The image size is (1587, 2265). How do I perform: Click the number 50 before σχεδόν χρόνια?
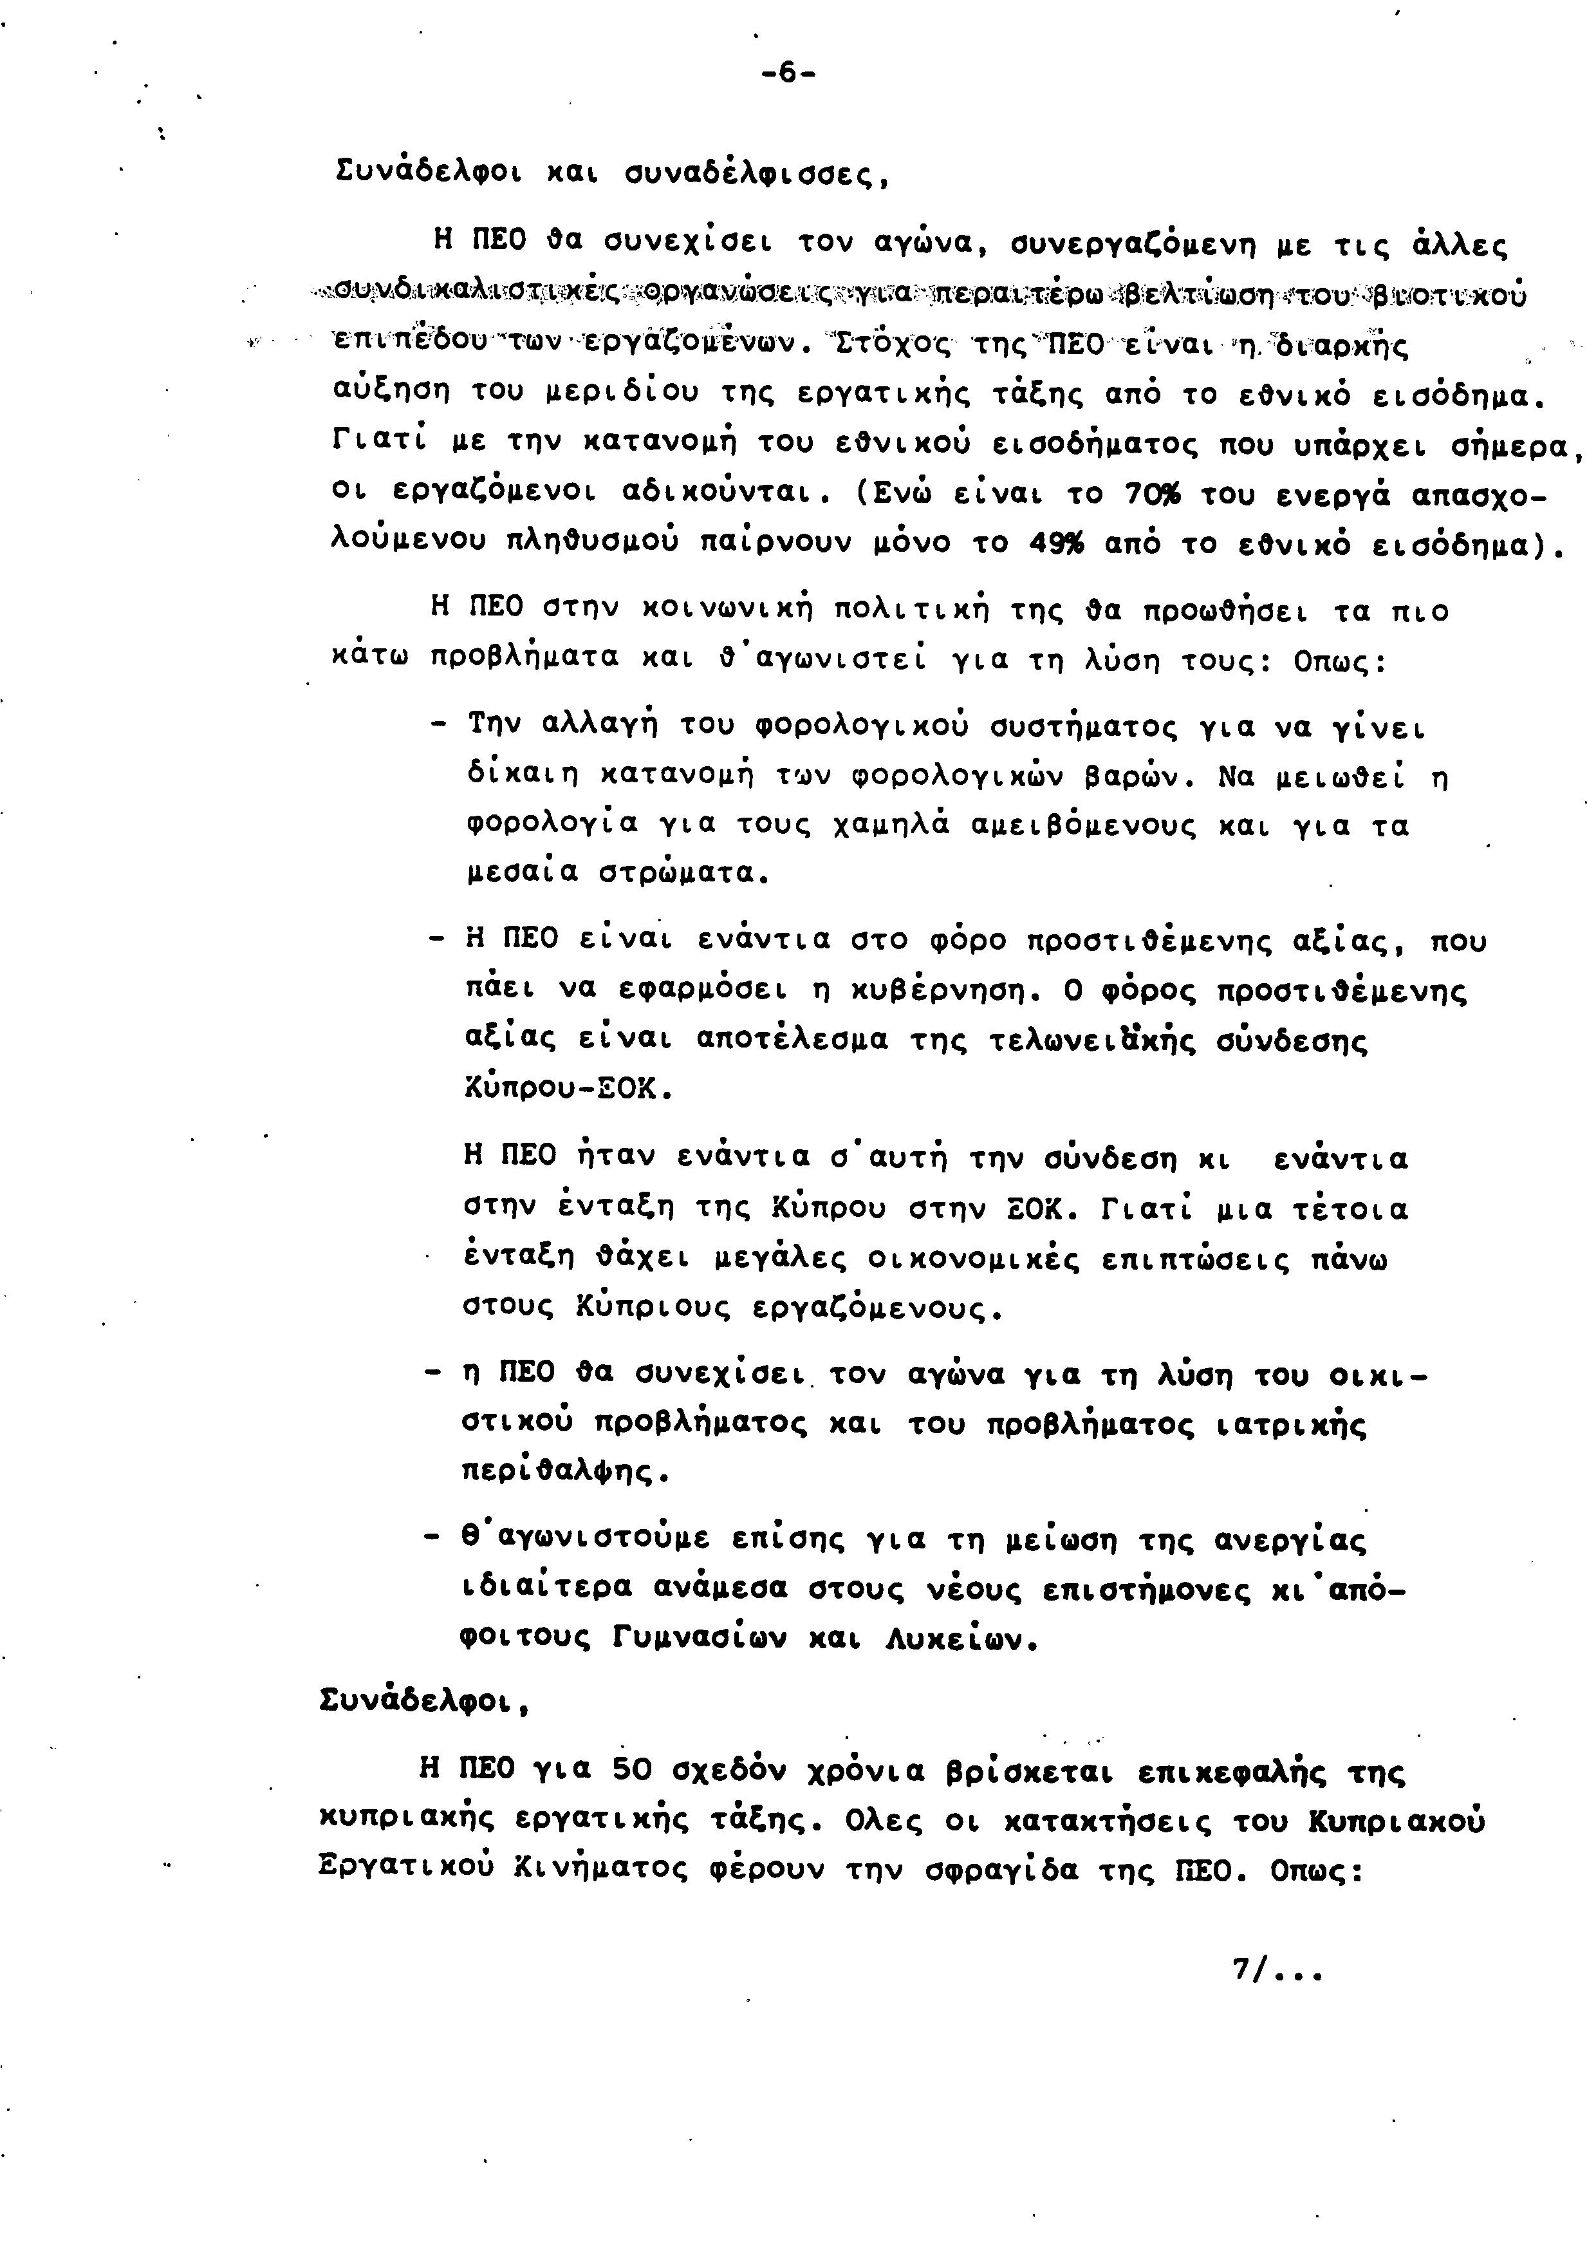tap(632, 1770)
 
